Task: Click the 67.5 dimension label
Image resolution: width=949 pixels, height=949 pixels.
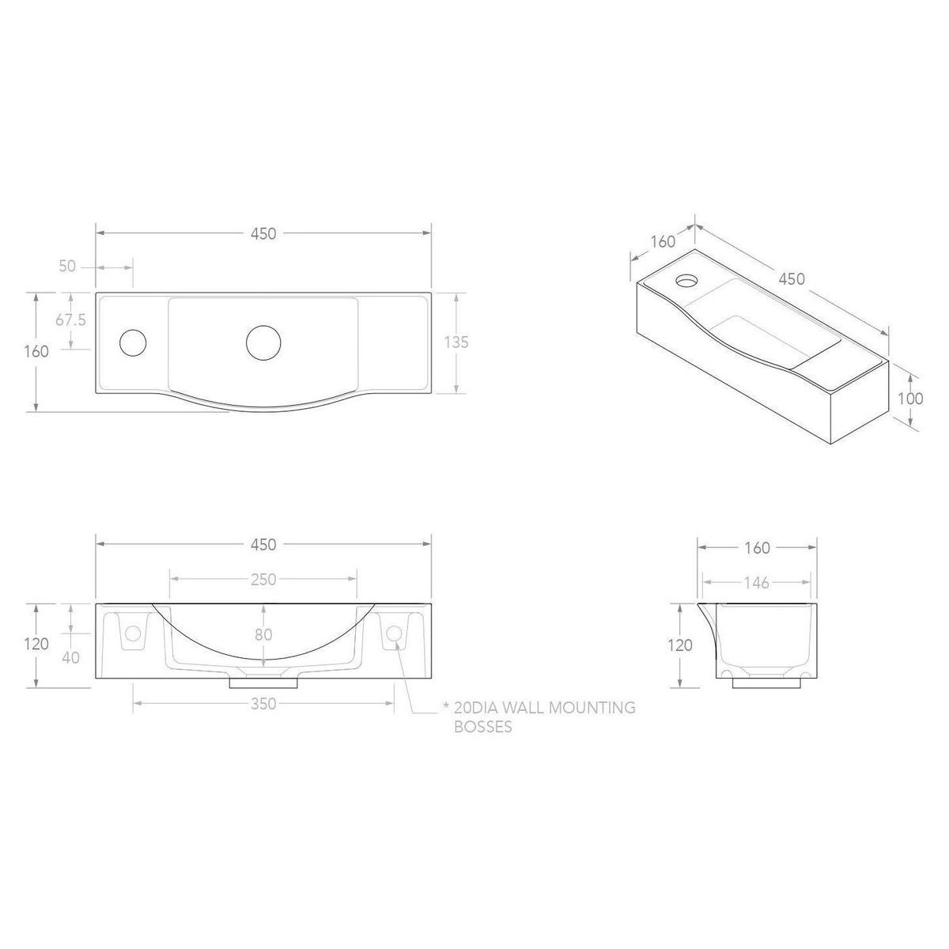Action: click(x=70, y=320)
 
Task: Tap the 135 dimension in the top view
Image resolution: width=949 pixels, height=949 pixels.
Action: click(x=456, y=342)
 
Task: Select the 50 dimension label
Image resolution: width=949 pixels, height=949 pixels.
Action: click(x=67, y=267)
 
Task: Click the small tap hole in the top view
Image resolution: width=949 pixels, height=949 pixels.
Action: click(x=133, y=342)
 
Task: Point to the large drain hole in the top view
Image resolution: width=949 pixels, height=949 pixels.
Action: click(x=263, y=343)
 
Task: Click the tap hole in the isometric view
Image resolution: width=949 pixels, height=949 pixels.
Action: click(x=686, y=282)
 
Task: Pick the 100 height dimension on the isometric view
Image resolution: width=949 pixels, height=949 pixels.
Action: click(x=910, y=399)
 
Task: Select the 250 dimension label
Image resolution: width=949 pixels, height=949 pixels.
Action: click(x=263, y=580)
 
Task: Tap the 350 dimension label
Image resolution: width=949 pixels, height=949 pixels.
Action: click(x=263, y=704)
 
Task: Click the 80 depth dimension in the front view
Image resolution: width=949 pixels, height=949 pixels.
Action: click(x=263, y=634)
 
